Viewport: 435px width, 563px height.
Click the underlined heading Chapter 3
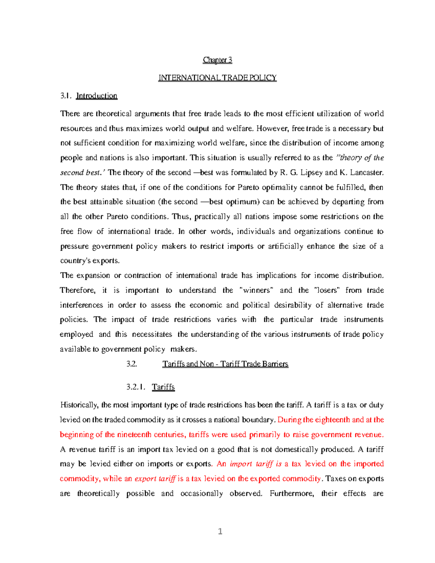pyautogui.click(x=217, y=60)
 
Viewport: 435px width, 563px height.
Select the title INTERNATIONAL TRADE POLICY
pyautogui.click(x=217, y=78)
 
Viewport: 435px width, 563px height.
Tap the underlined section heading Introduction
pyautogui.click(x=96, y=96)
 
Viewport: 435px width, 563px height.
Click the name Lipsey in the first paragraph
pyautogui.click(x=311, y=173)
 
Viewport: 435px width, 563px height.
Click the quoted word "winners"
pyautogui.click(x=257, y=290)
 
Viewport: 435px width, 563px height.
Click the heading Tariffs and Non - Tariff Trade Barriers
pyautogui.click(x=225, y=364)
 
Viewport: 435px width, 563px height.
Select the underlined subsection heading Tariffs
pyautogui.click(x=163, y=387)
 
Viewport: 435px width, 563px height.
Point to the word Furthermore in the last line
pyautogui.click(x=292, y=494)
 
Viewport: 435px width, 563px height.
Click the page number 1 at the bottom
pyautogui.click(x=220, y=532)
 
